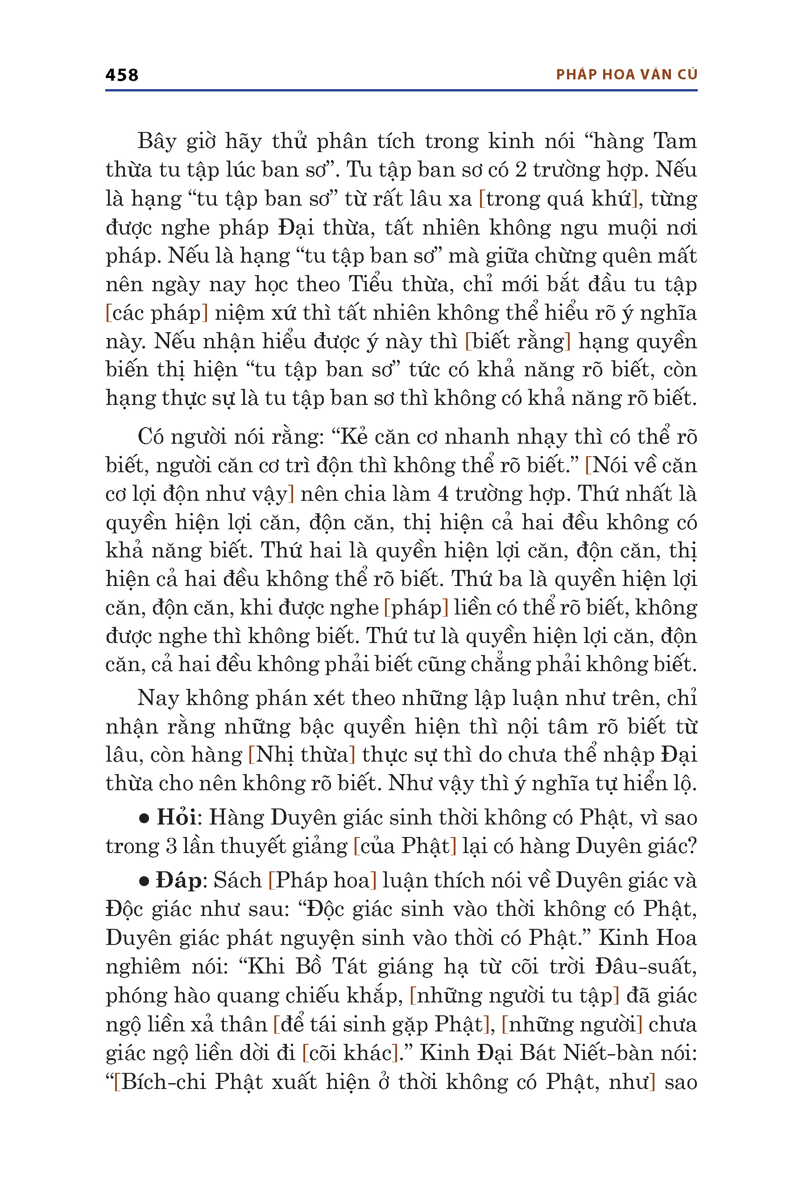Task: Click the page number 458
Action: [x=121, y=75]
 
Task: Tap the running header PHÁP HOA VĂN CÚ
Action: [x=626, y=75]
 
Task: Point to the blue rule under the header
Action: [x=401, y=91]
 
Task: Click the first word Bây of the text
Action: [x=157, y=142]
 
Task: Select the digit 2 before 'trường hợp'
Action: [x=520, y=170]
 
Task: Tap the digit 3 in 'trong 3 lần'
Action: [x=171, y=846]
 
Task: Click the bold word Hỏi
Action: [x=176, y=817]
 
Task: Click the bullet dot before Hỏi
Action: [x=145, y=819]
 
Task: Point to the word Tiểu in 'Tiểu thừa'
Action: [x=370, y=285]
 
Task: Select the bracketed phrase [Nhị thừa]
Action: [x=302, y=755]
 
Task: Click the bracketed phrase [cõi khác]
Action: [x=350, y=1053]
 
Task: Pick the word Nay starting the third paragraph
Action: [x=157, y=698]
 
